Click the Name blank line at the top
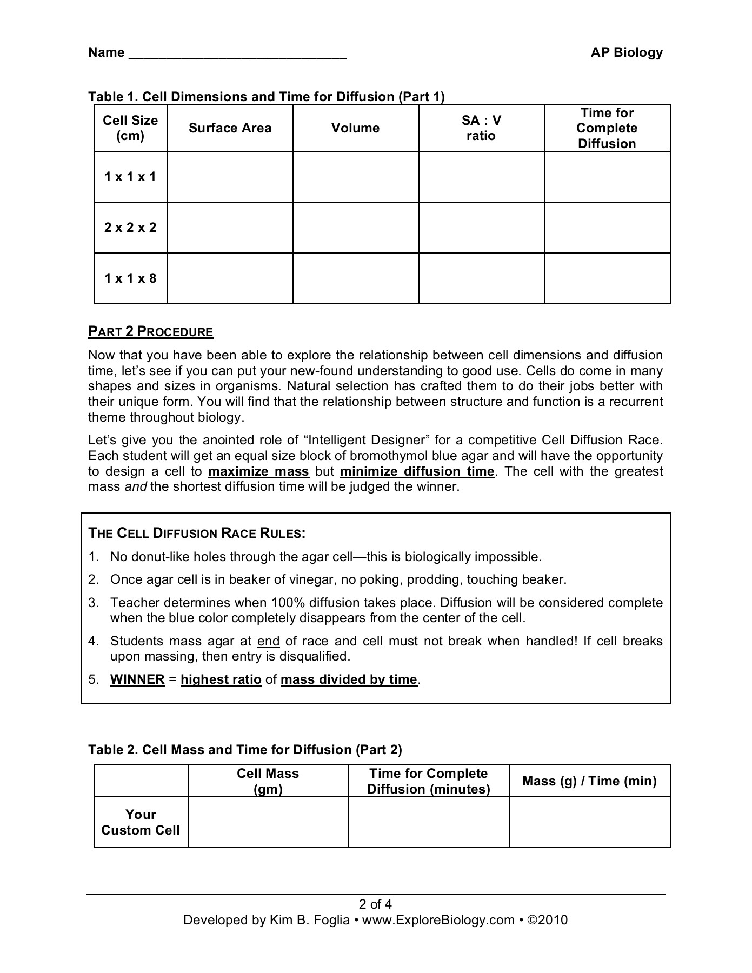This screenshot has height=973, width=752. pyautogui.click(x=237, y=54)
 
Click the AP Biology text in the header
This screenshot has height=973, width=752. pyautogui.click(x=626, y=52)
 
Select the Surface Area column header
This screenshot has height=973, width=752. pyautogui.click(x=230, y=128)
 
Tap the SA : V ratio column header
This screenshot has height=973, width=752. pyautogui.click(x=481, y=128)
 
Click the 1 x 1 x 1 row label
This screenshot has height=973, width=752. pyautogui.click(x=130, y=177)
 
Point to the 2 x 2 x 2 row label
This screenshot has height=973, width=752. pyautogui.click(x=130, y=228)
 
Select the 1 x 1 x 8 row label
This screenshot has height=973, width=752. pyautogui.click(x=130, y=278)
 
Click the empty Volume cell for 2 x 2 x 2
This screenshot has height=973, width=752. pyautogui.click(x=356, y=228)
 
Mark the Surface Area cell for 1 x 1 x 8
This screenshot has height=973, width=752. pyautogui.click(x=230, y=278)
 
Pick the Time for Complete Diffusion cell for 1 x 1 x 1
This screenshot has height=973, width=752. pyautogui.click(x=607, y=177)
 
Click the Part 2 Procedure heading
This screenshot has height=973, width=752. pyautogui.click(x=151, y=332)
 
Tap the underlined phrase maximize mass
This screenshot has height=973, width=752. pyautogui.click(x=258, y=471)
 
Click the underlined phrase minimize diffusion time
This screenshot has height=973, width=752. pyautogui.click(x=417, y=471)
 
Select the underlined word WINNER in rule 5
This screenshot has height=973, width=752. pyautogui.click(x=137, y=679)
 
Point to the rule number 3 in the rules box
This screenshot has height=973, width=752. pyautogui.click(x=94, y=603)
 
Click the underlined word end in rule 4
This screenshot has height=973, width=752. pyautogui.click(x=268, y=641)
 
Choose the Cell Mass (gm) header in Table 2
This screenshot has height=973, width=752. pyautogui.click(x=268, y=781)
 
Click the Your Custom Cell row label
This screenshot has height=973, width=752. pyautogui.click(x=141, y=822)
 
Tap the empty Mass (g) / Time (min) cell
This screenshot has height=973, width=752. pyautogui.click(x=590, y=822)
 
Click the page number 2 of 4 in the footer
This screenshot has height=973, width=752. pyautogui.click(x=376, y=904)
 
